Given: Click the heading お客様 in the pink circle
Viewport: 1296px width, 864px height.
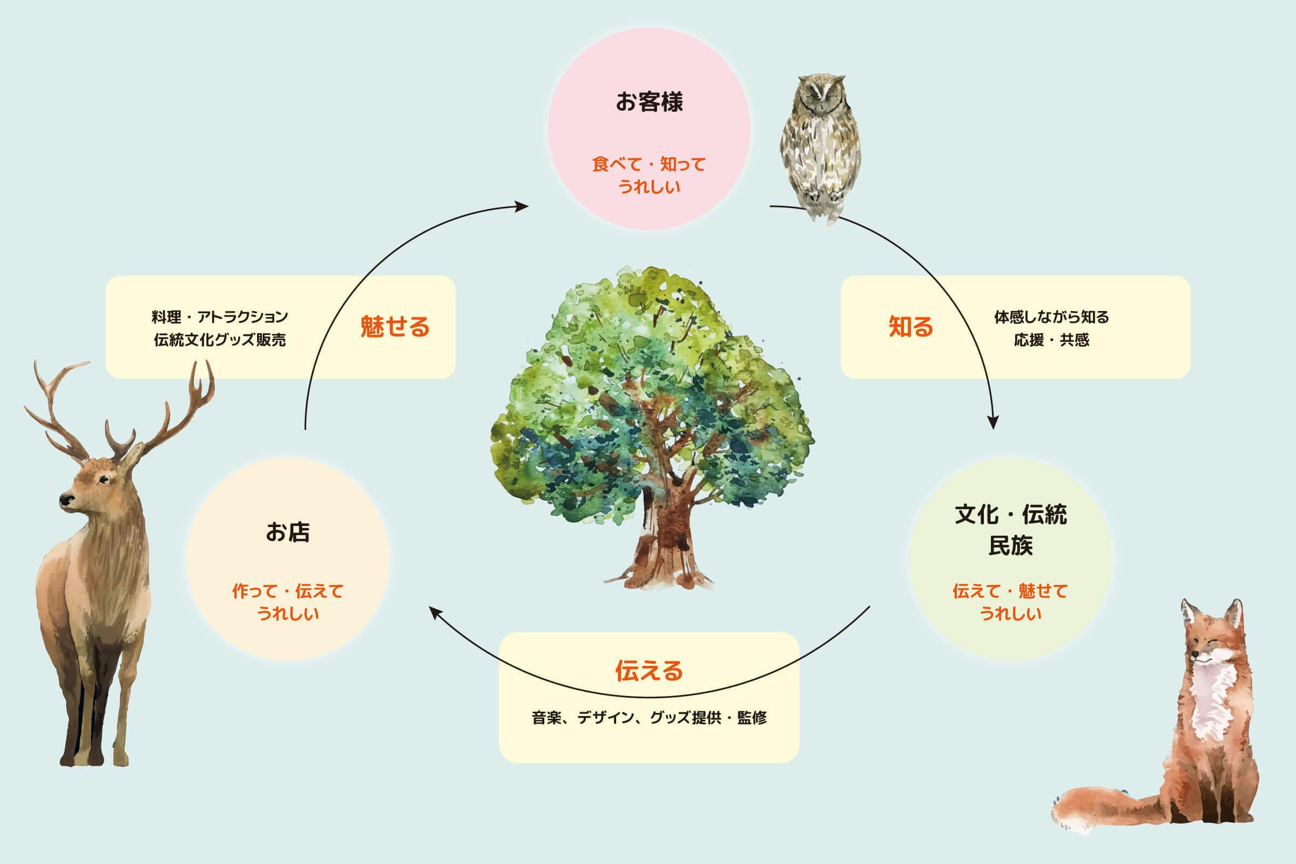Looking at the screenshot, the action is point(649,102).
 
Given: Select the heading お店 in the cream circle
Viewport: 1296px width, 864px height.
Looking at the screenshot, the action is point(288,532).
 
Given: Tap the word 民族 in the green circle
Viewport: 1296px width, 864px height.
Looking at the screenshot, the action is point(1010,545).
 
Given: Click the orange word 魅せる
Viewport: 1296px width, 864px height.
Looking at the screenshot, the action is point(395,327).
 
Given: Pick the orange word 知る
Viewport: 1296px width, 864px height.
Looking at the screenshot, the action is point(911,327).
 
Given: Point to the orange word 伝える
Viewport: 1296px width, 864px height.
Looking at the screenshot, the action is point(649,671).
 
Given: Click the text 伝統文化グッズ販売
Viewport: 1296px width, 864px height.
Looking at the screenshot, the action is point(220,340).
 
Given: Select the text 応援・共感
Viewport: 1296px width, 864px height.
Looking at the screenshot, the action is point(1051,340).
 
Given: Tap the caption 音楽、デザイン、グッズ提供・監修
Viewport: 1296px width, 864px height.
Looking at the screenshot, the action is point(649,718).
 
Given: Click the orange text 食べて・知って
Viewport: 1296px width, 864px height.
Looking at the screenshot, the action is point(649,164).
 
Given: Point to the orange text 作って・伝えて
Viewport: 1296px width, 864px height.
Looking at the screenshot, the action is point(288,591).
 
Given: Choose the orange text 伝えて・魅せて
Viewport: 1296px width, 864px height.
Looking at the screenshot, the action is point(1010,591).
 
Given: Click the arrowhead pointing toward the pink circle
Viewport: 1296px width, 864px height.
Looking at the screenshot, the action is point(521,207).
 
